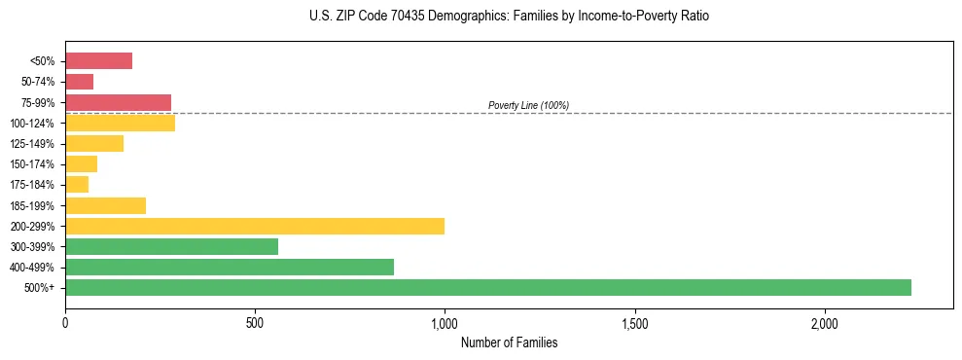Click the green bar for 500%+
487,287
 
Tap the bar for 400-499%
230,267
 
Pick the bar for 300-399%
171,246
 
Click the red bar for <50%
98,61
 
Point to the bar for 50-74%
79,82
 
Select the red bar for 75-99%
118,102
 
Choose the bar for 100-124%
120,123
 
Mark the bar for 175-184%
77,184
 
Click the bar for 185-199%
105,205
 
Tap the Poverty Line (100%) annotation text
528,105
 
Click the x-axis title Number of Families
509,342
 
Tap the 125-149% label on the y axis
34,144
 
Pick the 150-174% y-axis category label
34,164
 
